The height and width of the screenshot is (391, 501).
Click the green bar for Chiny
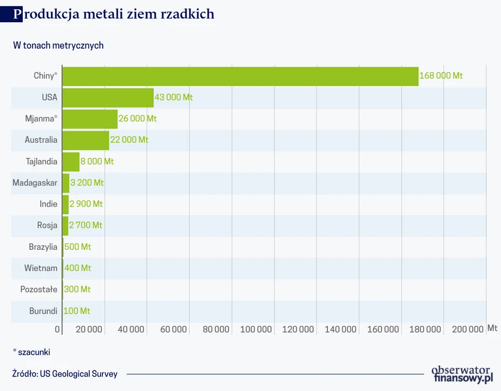pos(240,76)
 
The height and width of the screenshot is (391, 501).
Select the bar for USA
pos(108,98)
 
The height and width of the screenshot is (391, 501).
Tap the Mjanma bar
pos(90,119)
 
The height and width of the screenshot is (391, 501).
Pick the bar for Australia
pos(85,140)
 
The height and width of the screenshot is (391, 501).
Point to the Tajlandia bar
pos(71,161)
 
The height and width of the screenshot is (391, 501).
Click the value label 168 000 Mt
pos(441,76)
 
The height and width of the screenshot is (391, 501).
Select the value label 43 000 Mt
pos(174,98)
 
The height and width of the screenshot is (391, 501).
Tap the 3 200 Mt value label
pos(87,183)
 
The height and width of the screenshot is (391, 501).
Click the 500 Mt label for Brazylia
pos(77,247)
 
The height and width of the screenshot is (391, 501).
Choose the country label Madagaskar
pos(35,183)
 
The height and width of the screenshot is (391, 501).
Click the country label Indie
pos(48,204)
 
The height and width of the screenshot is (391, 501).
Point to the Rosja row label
pos(47,226)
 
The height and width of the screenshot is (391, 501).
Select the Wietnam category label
pos(41,268)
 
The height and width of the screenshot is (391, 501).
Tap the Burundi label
pos(43,311)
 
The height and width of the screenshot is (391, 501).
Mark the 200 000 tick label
pos(468,329)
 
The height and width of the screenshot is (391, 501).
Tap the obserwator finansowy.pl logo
pos(463,374)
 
